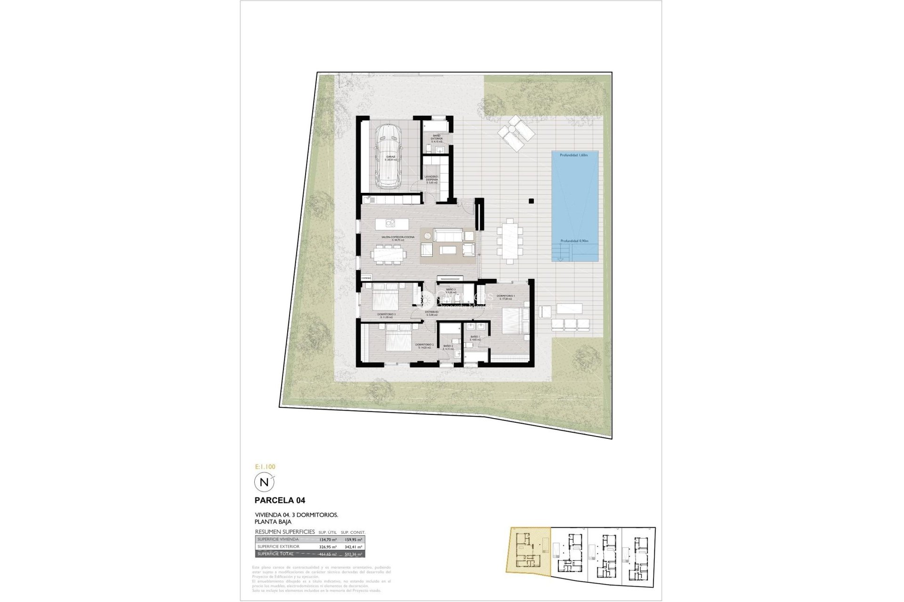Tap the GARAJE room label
point(390,156)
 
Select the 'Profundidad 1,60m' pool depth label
point(574,155)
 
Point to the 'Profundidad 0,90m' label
point(574,241)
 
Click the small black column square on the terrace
point(531,201)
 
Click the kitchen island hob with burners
point(390,223)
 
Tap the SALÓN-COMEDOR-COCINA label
point(398,237)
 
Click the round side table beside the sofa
point(428,236)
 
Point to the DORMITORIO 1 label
point(506,296)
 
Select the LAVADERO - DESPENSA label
point(432,178)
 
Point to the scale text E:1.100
point(265,467)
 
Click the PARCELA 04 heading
point(280,500)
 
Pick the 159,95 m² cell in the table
point(353,539)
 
